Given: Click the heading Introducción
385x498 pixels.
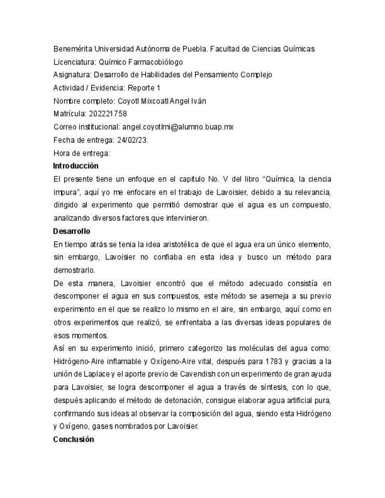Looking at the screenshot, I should point(76,166).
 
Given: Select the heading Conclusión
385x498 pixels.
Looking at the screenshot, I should point(73,439).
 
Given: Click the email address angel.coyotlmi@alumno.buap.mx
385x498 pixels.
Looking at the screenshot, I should point(178,126).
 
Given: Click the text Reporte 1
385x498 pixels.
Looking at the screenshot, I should point(143,88).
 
